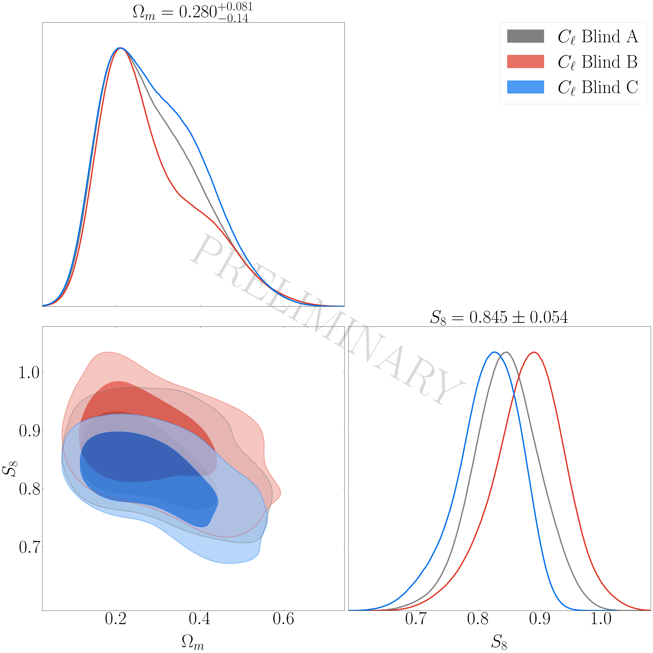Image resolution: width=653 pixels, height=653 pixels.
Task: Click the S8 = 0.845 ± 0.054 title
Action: click(499, 317)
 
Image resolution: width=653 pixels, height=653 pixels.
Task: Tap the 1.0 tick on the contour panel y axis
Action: click(29, 372)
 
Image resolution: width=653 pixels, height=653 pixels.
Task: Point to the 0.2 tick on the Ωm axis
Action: click(116, 618)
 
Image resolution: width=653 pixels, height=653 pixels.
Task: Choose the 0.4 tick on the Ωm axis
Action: click(200, 618)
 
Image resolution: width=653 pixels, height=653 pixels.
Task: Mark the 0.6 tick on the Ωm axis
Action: click(284, 618)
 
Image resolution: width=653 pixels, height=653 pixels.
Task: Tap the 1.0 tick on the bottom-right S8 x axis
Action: click(601, 618)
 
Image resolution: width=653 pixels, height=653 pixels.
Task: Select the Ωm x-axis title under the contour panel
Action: click(193, 641)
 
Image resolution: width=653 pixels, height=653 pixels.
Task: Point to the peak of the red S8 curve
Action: click(534, 352)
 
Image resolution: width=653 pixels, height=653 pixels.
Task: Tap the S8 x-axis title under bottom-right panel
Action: click(499, 641)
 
